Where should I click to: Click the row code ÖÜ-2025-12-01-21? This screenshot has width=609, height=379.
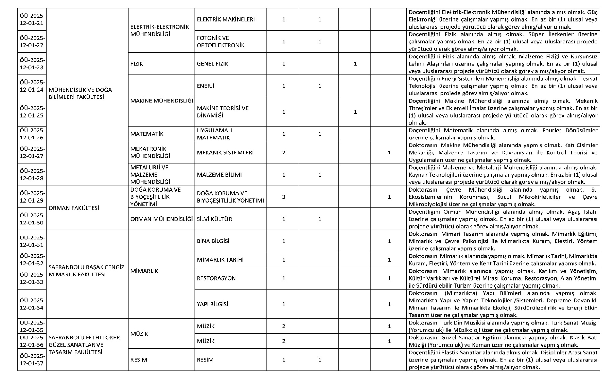[32, 20]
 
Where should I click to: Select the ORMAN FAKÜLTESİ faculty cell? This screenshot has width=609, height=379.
[74, 208]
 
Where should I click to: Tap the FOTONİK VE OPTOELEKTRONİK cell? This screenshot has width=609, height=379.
[221, 42]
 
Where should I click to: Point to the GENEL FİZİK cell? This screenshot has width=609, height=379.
[212, 64]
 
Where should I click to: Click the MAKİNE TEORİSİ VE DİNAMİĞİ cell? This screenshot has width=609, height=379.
[223, 112]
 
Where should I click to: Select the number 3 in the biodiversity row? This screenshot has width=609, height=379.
[283, 197]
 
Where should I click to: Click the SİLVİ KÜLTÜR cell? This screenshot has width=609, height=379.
[214, 219]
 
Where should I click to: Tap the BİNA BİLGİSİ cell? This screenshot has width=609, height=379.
[213, 241]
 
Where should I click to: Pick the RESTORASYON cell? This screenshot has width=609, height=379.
[216, 278]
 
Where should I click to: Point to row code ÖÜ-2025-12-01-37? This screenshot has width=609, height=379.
[32, 360]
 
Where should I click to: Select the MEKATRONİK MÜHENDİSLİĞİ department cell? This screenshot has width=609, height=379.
[150, 152]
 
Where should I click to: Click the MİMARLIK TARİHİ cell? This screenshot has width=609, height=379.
[220, 260]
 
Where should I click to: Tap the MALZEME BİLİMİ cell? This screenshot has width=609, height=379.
[219, 175]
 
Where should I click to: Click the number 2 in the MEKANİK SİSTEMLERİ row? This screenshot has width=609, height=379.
[283, 153]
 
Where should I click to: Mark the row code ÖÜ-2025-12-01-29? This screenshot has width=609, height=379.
[32, 197]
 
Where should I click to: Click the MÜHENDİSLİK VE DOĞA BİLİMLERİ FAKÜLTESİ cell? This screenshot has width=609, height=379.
[80, 93]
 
